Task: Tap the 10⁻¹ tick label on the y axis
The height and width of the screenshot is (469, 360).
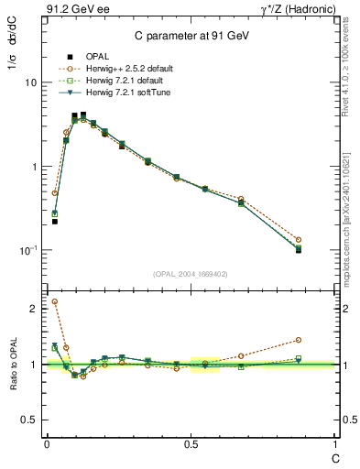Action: tap(27, 250)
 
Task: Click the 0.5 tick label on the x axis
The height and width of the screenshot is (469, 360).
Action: tap(191, 443)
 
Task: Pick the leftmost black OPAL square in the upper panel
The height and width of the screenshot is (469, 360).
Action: tap(55, 222)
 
